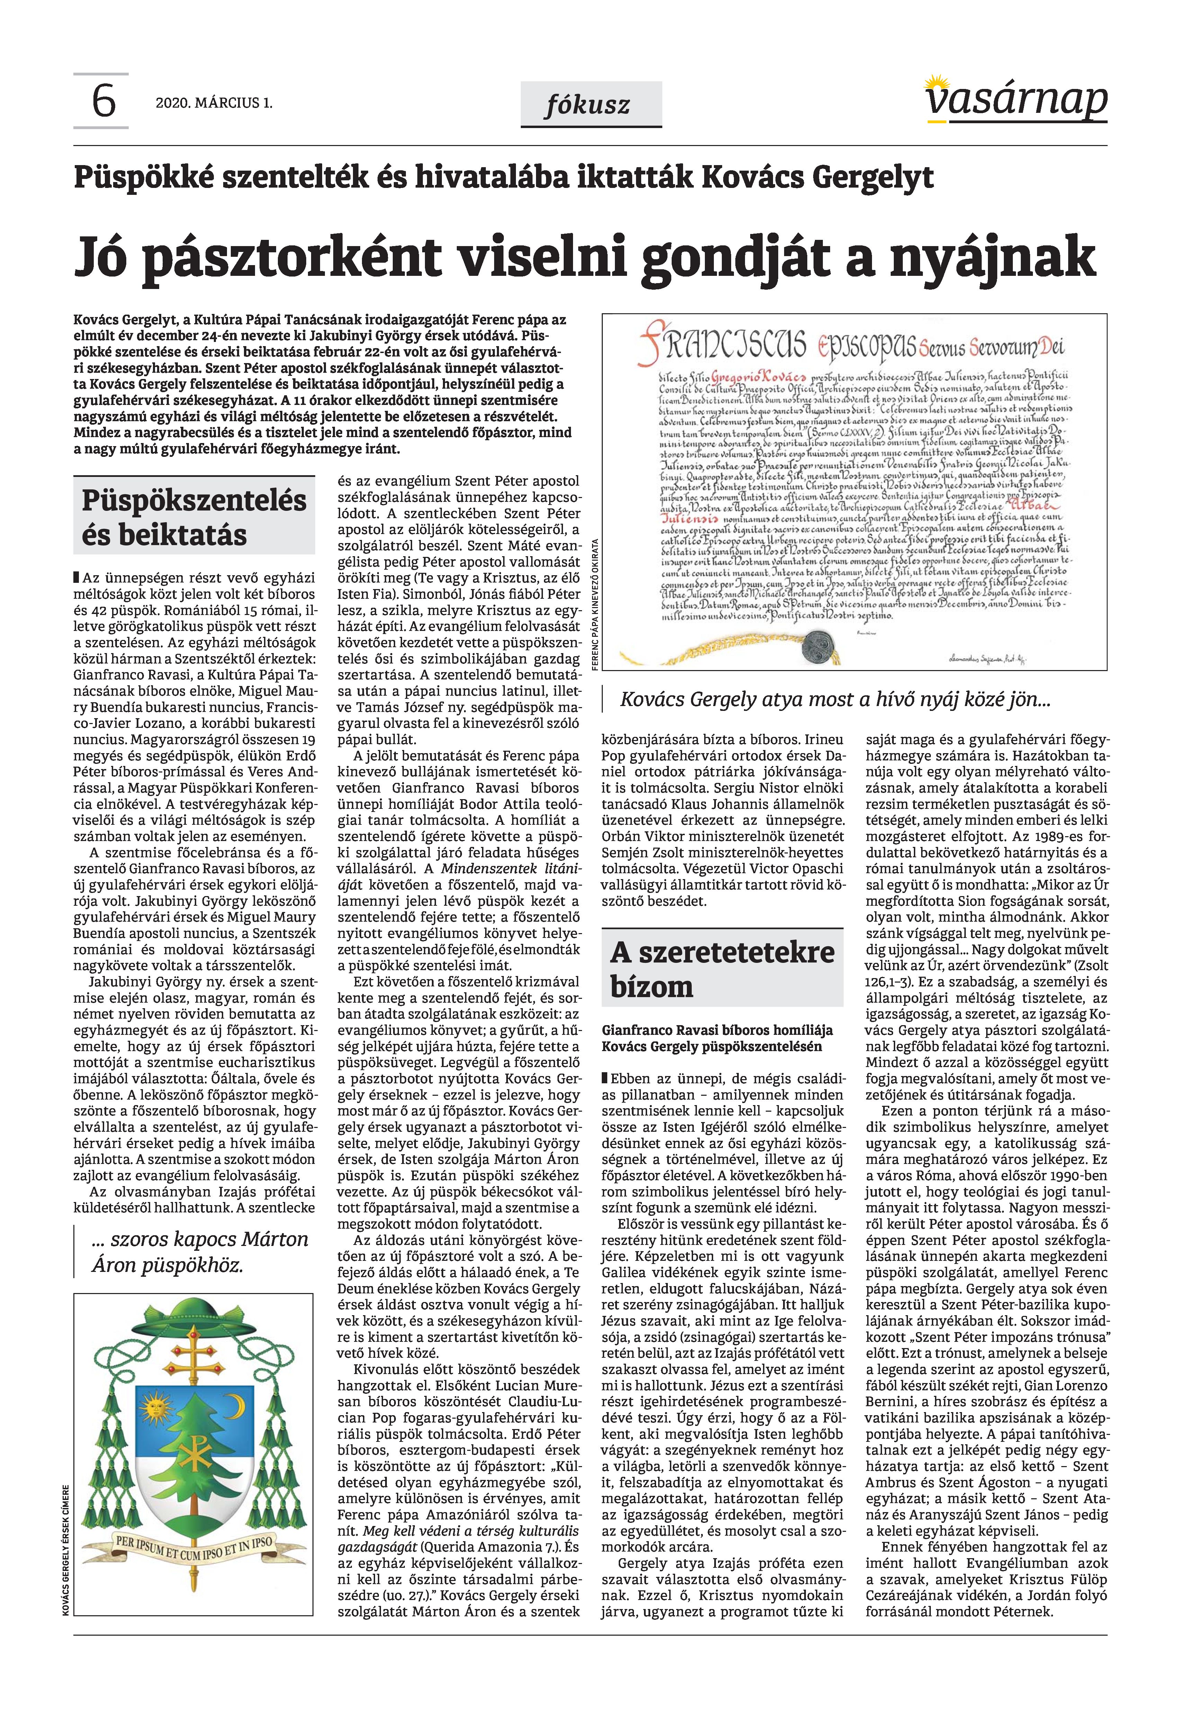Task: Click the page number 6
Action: tap(103, 102)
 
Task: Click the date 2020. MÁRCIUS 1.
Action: tap(214, 103)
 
